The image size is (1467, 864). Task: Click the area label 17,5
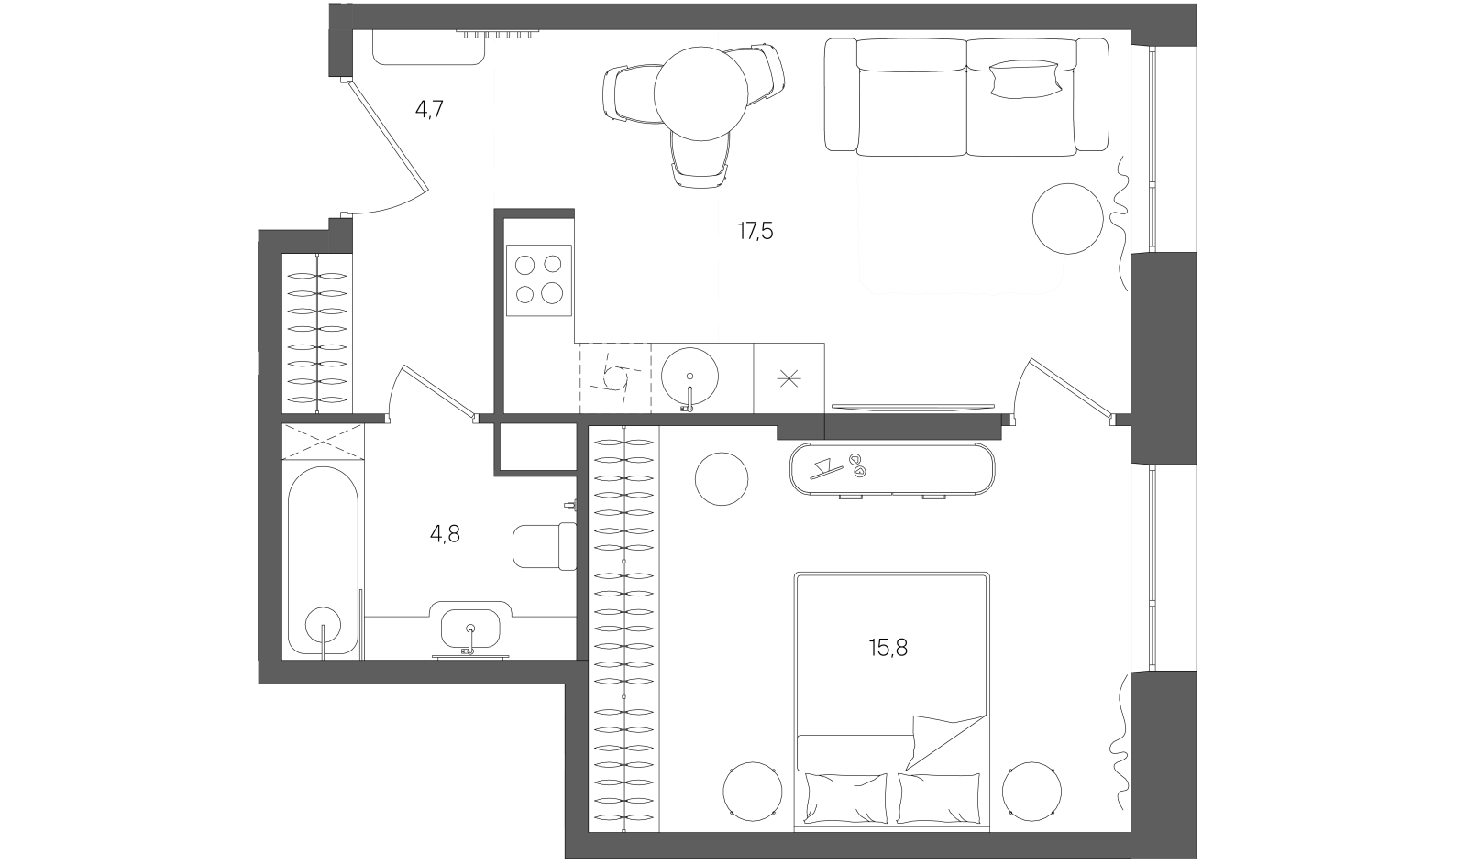(756, 231)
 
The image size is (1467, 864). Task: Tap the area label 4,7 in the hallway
(430, 109)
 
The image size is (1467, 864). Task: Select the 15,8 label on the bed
(888, 648)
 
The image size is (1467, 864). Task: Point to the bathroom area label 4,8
(445, 535)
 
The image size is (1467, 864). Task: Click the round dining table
(700, 93)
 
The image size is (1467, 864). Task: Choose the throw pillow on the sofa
(1024, 79)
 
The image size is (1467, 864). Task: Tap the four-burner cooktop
(539, 280)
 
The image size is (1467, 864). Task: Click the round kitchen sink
(689, 377)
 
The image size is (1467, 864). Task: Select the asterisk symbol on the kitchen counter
(789, 379)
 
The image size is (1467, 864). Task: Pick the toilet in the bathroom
(545, 546)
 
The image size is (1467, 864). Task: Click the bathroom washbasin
(470, 629)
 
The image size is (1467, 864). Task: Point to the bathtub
(324, 561)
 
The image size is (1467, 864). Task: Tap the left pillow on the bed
(846, 797)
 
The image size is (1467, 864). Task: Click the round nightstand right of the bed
(1031, 792)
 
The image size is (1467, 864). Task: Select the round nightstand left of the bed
(753, 792)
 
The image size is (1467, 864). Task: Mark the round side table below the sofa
(1067, 219)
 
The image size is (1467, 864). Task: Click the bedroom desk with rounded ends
(892, 469)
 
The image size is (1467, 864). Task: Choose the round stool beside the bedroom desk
(721, 478)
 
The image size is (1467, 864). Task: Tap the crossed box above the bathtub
(323, 442)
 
